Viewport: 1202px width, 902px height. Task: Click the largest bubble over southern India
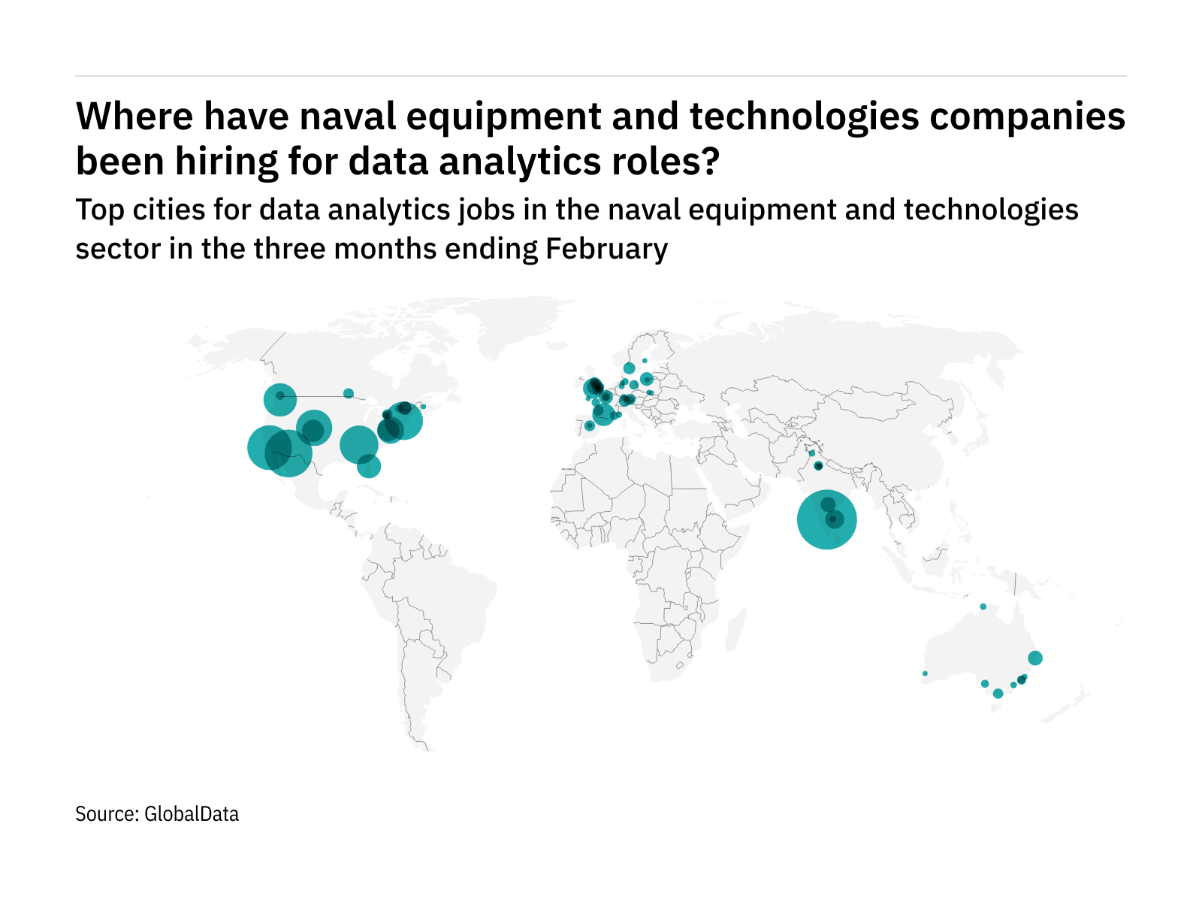point(826,519)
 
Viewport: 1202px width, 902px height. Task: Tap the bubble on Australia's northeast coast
point(1034,658)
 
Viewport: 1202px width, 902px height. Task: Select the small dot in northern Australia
point(983,607)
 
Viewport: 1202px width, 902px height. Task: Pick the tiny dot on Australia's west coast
point(925,673)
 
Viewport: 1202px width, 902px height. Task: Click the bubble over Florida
point(369,466)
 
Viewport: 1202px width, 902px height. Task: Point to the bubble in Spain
point(590,426)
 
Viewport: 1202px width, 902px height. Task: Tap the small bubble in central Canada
point(348,393)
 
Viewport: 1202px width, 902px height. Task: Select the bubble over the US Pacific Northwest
point(279,399)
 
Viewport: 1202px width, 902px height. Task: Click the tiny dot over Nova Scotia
point(423,407)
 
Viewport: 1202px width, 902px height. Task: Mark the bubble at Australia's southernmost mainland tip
point(998,694)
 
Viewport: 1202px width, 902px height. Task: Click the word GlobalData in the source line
point(192,814)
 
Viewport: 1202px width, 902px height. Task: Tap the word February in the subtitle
point(606,249)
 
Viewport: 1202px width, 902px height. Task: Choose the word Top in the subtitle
point(100,210)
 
